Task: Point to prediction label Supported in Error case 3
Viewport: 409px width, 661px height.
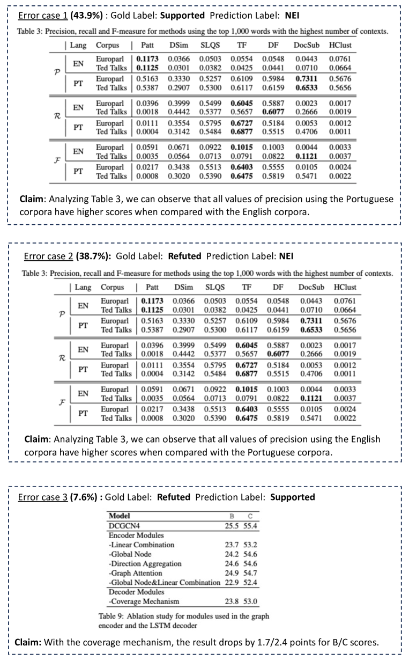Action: tap(292, 497)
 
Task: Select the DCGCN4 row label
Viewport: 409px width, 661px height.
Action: tap(123, 526)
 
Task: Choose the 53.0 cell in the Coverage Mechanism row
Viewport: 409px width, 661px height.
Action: tap(250, 601)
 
